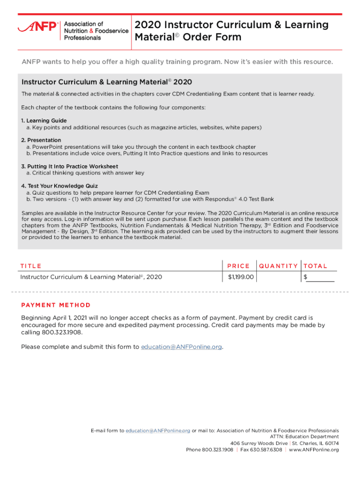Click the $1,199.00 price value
tap(240, 277)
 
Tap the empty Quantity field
tap(278, 277)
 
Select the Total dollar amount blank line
tap(321, 278)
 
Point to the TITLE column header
tap(30, 266)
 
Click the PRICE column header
tap(238, 266)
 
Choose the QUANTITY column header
tap(278, 266)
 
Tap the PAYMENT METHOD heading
tap(56, 305)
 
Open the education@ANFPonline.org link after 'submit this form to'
tap(182, 347)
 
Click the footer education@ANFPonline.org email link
tap(158, 430)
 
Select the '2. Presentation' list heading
tap(41, 140)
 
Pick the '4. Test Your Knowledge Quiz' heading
tap(59, 186)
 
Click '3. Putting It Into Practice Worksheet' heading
tap(70, 167)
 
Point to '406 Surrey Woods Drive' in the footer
tap(259, 443)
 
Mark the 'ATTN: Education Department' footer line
tap(303, 436)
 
